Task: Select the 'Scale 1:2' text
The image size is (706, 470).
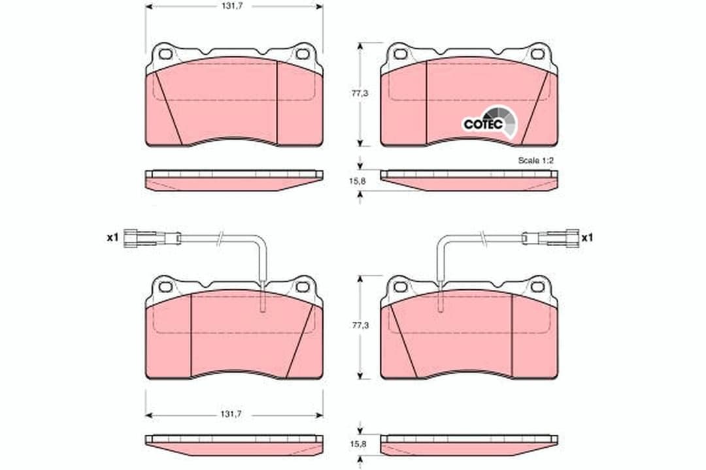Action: (535, 160)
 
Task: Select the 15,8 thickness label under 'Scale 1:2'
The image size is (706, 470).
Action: (358, 181)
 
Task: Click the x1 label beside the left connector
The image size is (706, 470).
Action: (112, 238)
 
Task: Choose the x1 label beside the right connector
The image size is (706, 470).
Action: (586, 238)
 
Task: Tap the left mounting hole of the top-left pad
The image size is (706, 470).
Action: (165, 54)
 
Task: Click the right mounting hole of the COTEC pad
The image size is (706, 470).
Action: (537, 54)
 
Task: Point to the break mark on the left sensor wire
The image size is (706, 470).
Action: (222, 240)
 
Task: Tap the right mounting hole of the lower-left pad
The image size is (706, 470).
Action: (302, 286)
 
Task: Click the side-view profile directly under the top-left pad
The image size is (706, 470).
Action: (233, 180)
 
